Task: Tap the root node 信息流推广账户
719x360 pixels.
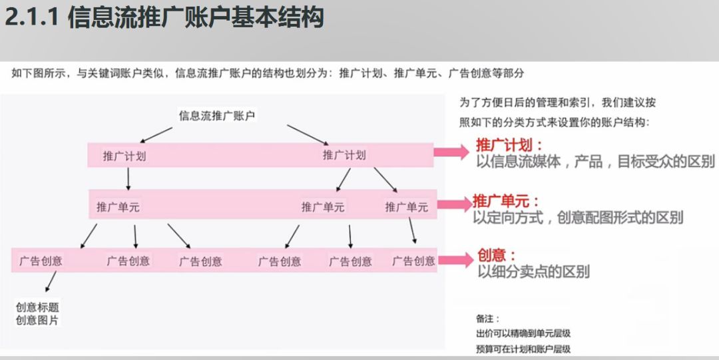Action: (217, 116)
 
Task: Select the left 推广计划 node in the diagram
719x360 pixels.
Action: (124, 156)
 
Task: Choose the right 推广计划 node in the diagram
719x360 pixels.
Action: (344, 156)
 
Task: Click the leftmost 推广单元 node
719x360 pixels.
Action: (118, 207)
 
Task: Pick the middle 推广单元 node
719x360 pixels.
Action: (323, 207)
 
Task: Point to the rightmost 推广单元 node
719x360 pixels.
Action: (406, 207)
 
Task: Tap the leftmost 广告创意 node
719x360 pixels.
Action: (41, 261)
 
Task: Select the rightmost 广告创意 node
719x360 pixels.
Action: (413, 261)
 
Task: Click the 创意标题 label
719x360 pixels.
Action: (37, 307)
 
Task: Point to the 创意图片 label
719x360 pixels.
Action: (37, 320)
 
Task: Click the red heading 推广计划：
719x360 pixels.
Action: (509, 144)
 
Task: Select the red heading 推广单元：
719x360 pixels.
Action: (506, 200)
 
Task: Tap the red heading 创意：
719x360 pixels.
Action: (497, 255)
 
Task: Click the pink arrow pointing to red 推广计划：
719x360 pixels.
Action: (452, 152)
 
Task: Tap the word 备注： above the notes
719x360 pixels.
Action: (487, 319)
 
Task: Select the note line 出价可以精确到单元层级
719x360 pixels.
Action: (523, 333)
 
